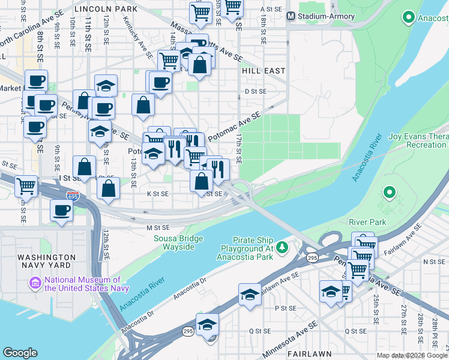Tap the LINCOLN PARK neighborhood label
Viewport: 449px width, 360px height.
[x=106, y=10]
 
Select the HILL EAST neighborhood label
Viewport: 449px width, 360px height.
[x=264, y=71]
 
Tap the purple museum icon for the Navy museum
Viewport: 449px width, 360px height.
[x=35, y=282]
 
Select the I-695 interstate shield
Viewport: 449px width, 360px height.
[x=73, y=196]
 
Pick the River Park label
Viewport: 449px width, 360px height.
[x=367, y=221]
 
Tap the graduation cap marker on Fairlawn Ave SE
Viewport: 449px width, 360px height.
[x=250, y=295]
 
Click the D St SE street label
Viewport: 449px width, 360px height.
[x=255, y=91]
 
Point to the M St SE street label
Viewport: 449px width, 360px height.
[x=158, y=228]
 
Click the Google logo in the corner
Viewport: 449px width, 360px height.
[x=20, y=353]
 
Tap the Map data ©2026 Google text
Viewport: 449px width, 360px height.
[x=412, y=355]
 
